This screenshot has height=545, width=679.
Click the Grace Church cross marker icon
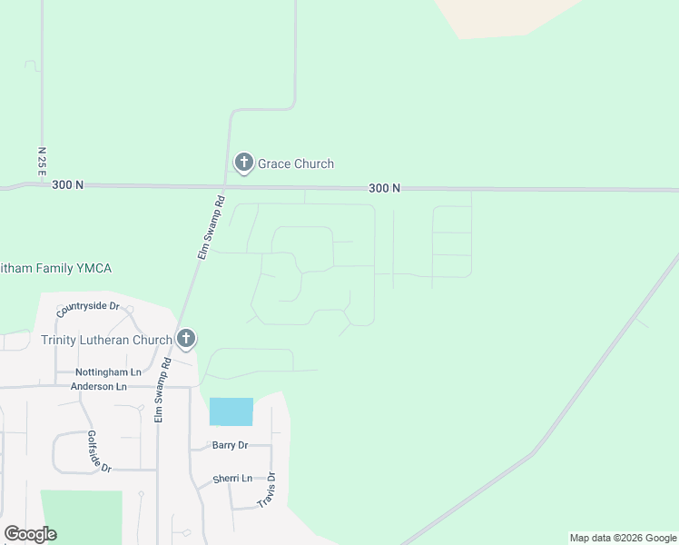click(x=243, y=163)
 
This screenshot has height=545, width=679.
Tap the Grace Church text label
click(x=296, y=164)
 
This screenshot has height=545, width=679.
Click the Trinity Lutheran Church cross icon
click(x=186, y=340)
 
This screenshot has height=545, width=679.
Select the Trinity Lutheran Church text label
click(x=106, y=341)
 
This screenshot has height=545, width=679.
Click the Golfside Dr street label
click(x=99, y=451)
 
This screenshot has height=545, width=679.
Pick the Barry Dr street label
click(x=230, y=445)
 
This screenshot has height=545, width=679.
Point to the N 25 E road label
click(x=42, y=161)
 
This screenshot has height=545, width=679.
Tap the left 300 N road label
click(x=68, y=185)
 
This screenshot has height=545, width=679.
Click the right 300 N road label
click(x=385, y=188)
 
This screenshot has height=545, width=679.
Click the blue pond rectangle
click(x=231, y=411)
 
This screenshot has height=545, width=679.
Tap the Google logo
click(x=30, y=534)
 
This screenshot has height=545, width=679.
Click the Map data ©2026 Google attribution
click(x=623, y=538)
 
